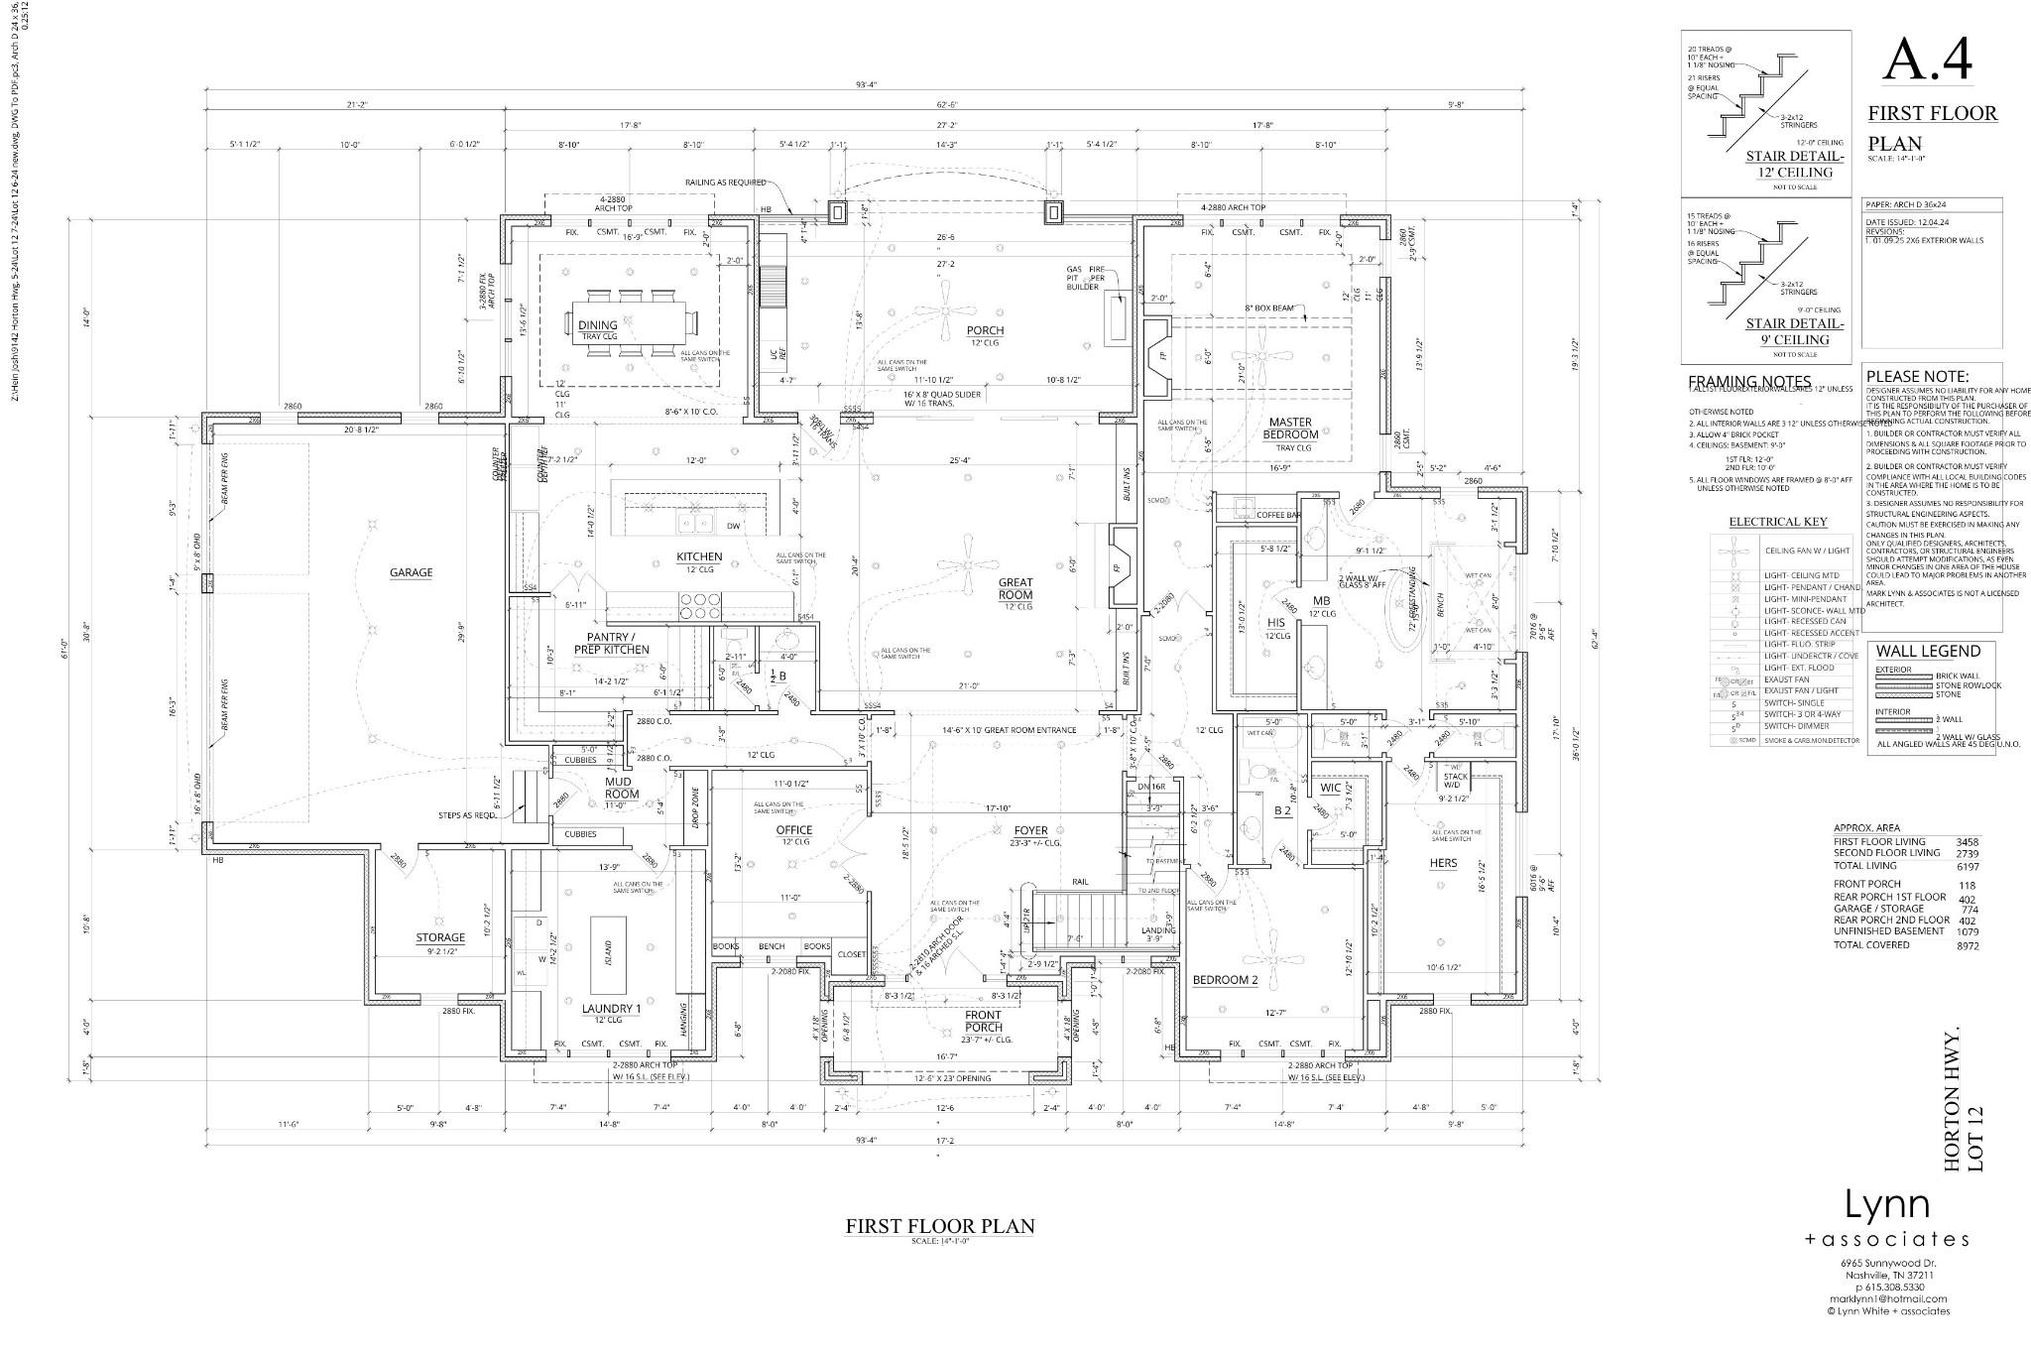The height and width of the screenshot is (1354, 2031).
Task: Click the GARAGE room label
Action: [x=411, y=572]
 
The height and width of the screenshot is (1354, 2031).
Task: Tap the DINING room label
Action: [x=597, y=325]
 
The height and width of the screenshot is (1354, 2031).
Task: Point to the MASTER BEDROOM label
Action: [x=1290, y=429]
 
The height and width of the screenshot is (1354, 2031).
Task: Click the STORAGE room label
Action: [x=440, y=937]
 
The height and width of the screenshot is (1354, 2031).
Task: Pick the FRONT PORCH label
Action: [x=983, y=1021]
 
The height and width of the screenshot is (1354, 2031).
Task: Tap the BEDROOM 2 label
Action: [x=1225, y=980]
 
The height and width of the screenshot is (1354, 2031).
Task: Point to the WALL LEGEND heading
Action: [x=1928, y=652]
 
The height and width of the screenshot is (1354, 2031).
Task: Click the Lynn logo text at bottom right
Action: [x=1886, y=1205]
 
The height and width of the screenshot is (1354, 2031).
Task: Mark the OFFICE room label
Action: [x=793, y=830]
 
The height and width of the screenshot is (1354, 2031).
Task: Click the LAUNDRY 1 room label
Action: [x=611, y=1009]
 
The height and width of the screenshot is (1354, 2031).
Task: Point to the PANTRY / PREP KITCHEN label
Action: [x=611, y=643]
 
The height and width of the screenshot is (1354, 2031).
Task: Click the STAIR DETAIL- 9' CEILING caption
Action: [x=1795, y=331]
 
